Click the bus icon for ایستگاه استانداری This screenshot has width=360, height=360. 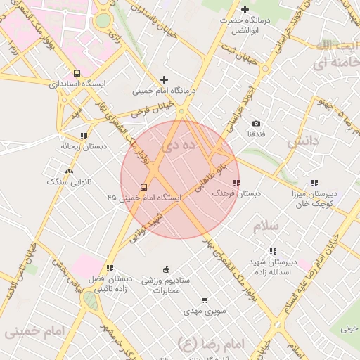77,73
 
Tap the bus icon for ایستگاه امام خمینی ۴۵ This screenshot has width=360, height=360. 143,187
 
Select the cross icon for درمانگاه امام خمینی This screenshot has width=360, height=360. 165,80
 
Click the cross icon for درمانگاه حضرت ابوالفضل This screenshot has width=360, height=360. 245,9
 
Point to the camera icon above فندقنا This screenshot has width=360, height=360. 255,123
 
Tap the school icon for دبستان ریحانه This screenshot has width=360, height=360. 84,136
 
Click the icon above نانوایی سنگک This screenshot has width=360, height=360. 68,171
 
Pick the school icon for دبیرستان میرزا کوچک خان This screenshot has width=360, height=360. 314,182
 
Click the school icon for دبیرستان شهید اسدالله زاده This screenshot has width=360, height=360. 273,251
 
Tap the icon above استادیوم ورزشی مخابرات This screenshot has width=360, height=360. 166,269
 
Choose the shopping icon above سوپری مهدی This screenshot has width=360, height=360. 204,300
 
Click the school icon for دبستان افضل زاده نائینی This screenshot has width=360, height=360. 110,268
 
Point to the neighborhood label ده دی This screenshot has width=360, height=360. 176,147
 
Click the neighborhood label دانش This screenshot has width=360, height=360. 303,140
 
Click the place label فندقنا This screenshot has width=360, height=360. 255,134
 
